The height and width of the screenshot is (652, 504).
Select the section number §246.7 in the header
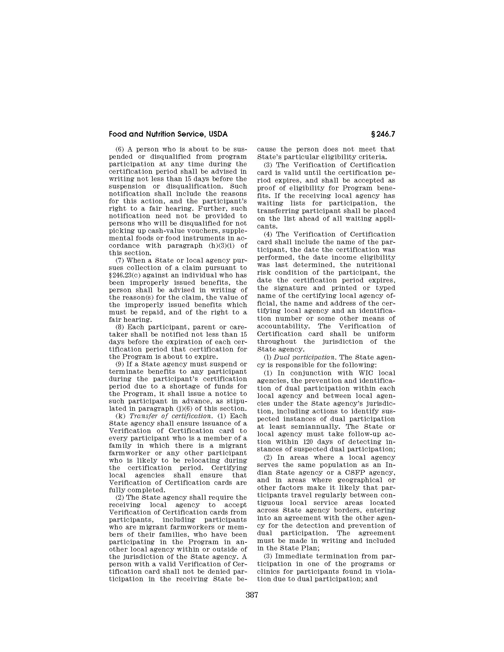(383, 134)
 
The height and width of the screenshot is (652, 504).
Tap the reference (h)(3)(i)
(219, 246)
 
